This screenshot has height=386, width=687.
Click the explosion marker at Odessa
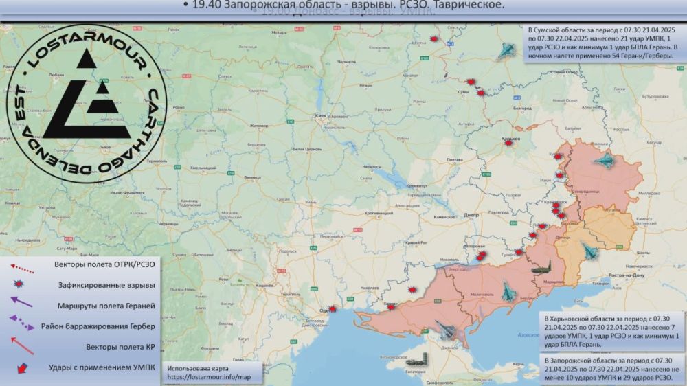pyautogui.click(x=333, y=309)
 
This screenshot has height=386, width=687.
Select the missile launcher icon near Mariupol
pyautogui.click(x=541, y=270)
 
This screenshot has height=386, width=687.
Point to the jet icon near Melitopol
pyautogui.click(x=508, y=292)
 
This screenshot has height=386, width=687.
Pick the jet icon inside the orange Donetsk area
pyautogui.click(x=587, y=251)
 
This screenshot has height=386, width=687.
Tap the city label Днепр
pyautogui.click(x=471, y=215)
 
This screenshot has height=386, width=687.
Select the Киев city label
pyautogui.click(x=320, y=116)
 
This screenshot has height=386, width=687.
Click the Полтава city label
pyautogui.click(x=454, y=160)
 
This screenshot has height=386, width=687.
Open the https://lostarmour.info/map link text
pyautogui.click(x=205, y=377)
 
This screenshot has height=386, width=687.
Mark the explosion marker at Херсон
pyautogui.click(x=391, y=308)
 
